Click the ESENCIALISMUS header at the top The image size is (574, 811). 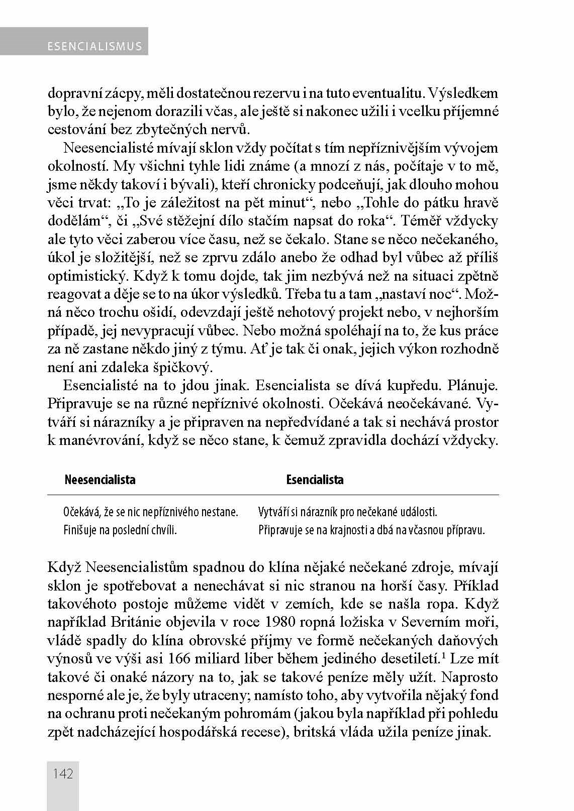point(94,47)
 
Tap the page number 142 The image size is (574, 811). point(63,773)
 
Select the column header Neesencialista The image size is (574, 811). point(100,480)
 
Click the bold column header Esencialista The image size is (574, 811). point(315,480)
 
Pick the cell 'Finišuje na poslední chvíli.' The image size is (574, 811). point(120,530)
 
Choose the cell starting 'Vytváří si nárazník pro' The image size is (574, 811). point(347,512)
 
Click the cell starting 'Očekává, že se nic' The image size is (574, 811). point(150,512)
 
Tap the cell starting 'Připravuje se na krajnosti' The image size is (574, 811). point(371,530)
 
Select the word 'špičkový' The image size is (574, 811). point(173,367)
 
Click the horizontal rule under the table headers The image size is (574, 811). point(273,495)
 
